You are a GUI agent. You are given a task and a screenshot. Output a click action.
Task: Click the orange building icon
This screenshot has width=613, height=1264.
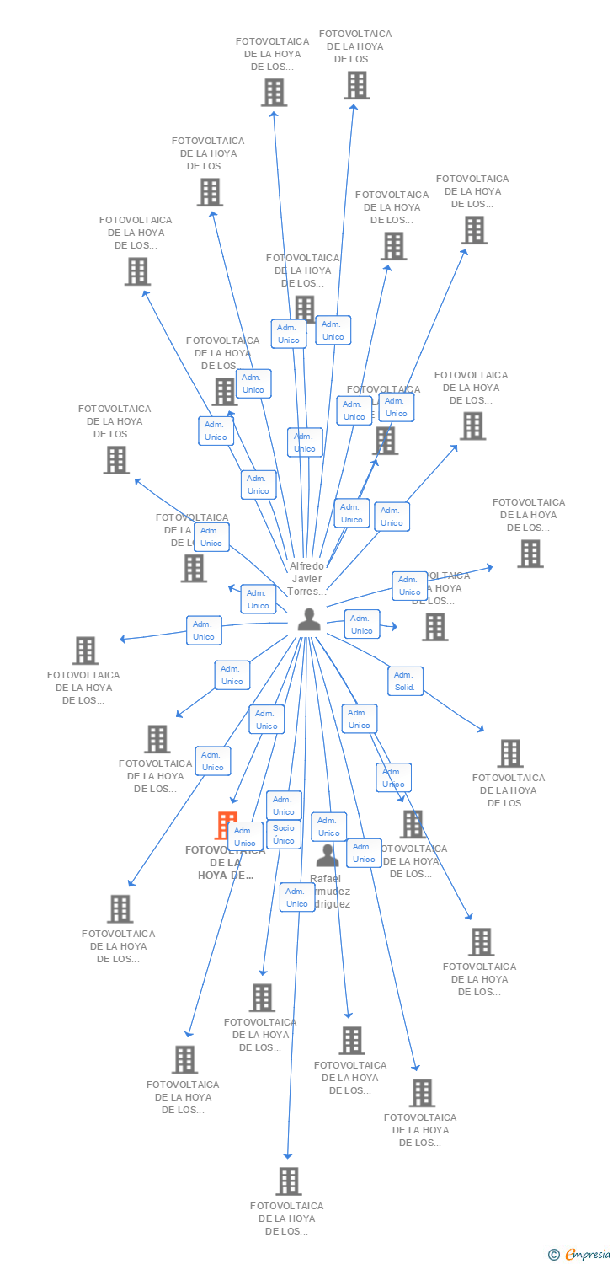pyautogui.click(x=225, y=824)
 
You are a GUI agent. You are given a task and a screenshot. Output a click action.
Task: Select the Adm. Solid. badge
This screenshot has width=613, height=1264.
pyautogui.click(x=405, y=681)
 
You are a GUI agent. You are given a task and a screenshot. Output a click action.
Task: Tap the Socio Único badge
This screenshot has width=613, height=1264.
pyautogui.click(x=284, y=834)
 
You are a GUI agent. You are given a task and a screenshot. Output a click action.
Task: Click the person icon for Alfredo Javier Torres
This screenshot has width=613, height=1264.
pyautogui.click(x=309, y=619)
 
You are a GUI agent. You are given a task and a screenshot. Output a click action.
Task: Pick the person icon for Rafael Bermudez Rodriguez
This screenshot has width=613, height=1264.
pyautogui.click(x=328, y=855)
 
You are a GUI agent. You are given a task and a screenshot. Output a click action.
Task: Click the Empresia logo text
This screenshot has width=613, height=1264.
pyautogui.click(x=587, y=1255)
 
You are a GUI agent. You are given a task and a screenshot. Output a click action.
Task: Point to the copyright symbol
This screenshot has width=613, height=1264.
pyautogui.click(x=553, y=1255)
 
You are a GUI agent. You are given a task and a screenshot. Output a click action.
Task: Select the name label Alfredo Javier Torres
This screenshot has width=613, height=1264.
pyautogui.click(x=306, y=579)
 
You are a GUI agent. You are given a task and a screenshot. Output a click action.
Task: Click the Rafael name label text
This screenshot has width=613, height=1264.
pyautogui.click(x=330, y=891)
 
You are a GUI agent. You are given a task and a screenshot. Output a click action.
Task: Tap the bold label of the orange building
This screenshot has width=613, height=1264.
pyautogui.click(x=225, y=863)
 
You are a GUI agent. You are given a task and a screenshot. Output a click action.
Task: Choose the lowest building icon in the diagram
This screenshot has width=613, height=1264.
pyautogui.click(x=289, y=1181)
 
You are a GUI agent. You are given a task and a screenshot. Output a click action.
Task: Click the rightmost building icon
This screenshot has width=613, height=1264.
pyautogui.click(x=530, y=554)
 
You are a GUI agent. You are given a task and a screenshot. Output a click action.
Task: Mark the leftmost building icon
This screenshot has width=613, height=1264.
pyautogui.click(x=85, y=651)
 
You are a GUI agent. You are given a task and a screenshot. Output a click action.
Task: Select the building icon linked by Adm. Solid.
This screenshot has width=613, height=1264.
pyautogui.click(x=509, y=753)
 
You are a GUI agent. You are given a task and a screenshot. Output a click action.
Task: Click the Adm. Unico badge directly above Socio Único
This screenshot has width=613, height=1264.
pyautogui.click(x=284, y=806)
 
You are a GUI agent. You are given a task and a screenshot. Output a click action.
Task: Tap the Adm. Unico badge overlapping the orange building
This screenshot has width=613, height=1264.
pyautogui.click(x=245, y=837)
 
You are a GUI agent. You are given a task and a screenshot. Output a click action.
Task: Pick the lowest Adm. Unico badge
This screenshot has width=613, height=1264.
pyautogui.click(x=297, y=897)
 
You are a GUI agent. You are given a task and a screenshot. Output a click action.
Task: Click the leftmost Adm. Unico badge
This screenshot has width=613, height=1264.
pyautogui.click(x=204, y=630)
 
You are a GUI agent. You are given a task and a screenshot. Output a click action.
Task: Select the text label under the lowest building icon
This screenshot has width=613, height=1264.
pyautogui.click(x=286, y=1218)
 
